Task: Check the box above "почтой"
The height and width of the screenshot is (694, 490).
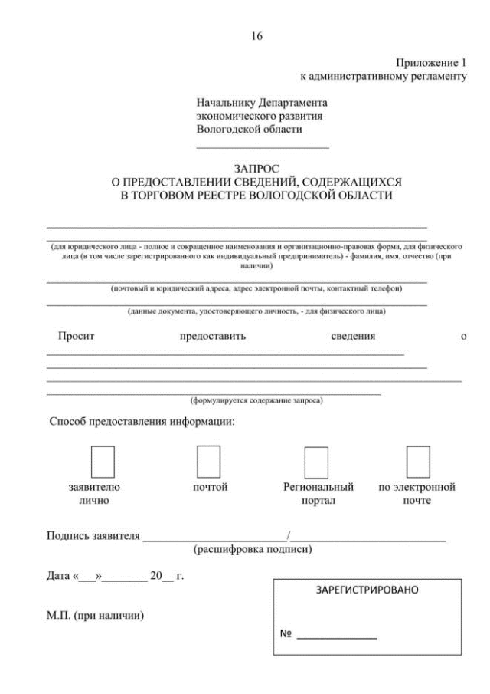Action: (x=209, y=461)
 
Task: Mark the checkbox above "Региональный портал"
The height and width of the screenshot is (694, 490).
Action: (x=316, y=462)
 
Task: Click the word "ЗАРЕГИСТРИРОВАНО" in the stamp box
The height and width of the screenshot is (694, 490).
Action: (x=367, y=592)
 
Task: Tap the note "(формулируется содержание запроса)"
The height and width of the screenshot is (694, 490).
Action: (x=256, y=400)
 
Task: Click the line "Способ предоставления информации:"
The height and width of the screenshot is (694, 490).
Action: (x=142, y=422)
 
